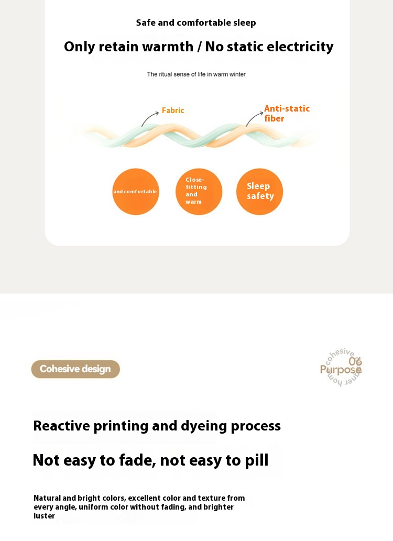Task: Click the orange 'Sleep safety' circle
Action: pyautogui.click(x=259, y=192)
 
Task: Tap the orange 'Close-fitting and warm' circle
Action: pyautogui.click(x=199, y=192)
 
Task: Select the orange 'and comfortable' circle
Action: pyautogui.click(x=135, y=192)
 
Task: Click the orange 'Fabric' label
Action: pyautogui.click(x=173, y=111)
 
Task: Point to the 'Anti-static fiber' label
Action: pyautogui.click(x=286, y=114)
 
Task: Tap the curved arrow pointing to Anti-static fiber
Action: pyautogui.click(x=254, y=118)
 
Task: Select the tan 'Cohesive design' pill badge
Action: pyautogui.click(x=75, y=369)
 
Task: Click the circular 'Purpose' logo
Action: pyautogui.click(x=342, y=368)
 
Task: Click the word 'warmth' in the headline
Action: pyautogui.click(x=167, y=47)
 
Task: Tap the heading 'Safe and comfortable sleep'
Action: pyautogui.click(x=196, y=23)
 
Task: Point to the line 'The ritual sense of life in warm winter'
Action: pyautogui.click(x=196, y=74)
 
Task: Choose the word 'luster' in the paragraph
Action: pyautogui.click(x=44, y=516)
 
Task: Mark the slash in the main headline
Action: pyautogui.click(x=199, y=47)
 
